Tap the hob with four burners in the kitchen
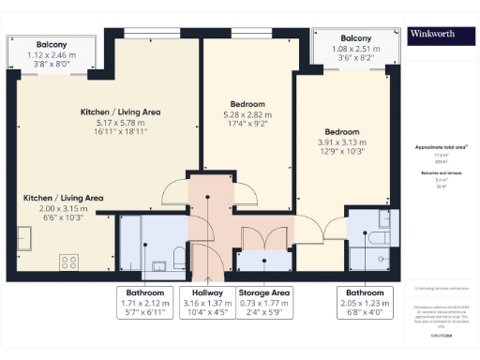(x=68, y=262)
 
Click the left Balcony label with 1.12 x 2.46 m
(x=51, y=55)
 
